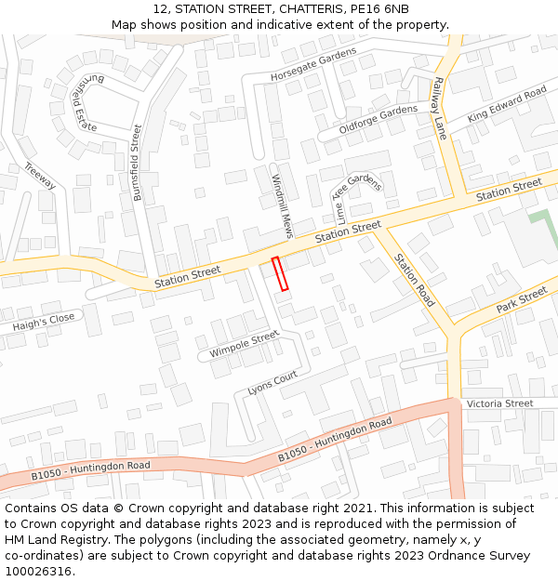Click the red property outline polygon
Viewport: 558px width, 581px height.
pos(280,273)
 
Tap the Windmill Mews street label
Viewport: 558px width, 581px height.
pos(282,205)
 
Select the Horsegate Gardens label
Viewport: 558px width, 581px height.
pos(313,63)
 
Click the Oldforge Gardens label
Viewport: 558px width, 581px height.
pos(379,120)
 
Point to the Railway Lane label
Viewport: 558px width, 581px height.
pos(439,108)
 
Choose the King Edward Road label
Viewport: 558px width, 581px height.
pos(507,104)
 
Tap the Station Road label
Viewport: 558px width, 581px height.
pos(414,280)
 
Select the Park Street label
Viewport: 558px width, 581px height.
pos(522,300)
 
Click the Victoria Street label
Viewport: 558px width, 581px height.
pos(500,403)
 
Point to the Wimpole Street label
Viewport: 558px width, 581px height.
pos(244,345)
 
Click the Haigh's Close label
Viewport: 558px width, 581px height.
pos(43,324)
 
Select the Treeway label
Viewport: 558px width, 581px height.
pos(40,176)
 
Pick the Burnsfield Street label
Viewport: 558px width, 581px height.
pos(138,163)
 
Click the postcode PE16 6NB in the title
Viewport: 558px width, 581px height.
pos(379,9)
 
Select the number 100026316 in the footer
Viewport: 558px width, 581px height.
pos(38,571)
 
